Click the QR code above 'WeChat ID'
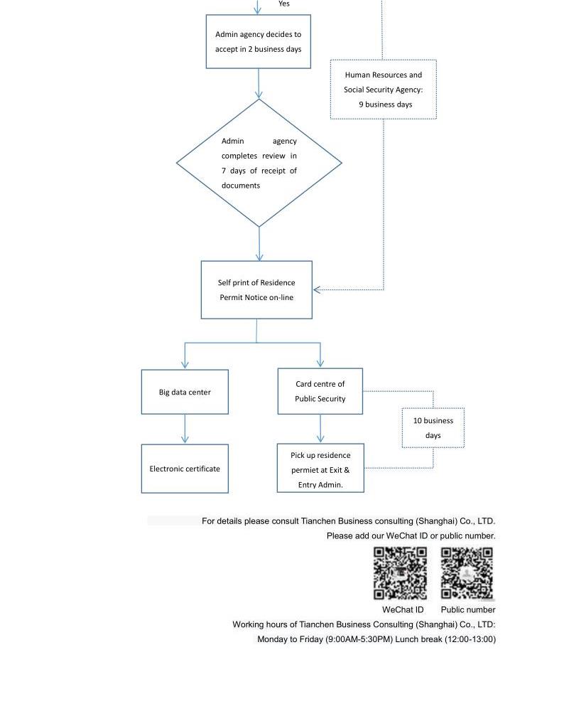click(400, 573)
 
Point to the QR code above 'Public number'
click(467, 573)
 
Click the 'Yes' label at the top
click(284, 4)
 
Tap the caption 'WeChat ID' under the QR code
click(403, 610)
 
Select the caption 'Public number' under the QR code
click(468, 610)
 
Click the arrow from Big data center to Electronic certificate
click(185, 429)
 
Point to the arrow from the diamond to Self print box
click(259, 244)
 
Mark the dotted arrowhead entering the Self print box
click(317, 290)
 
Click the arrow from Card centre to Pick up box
click(320, 428)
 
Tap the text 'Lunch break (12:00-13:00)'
click(445, 639)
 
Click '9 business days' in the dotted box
click(386, 105)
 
